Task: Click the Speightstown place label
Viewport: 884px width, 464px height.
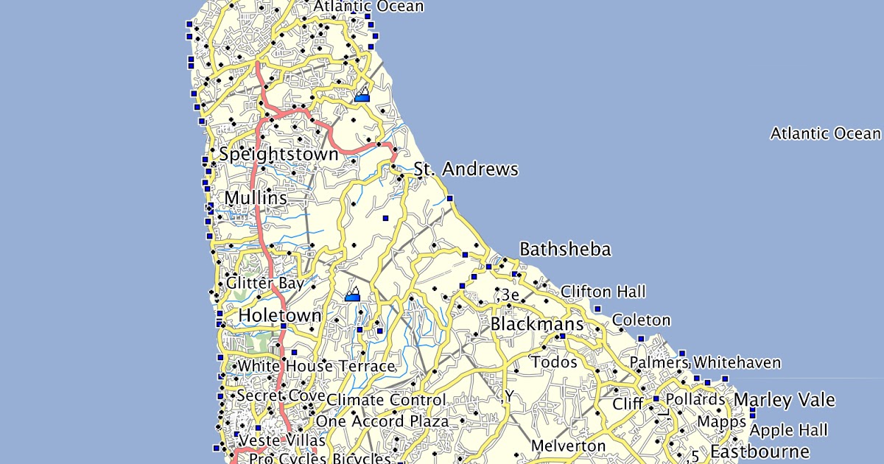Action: pos(278,155)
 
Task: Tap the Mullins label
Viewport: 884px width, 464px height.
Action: pos(256,198)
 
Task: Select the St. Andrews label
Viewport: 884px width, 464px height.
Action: pos(466,169)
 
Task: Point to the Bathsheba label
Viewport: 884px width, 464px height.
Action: pos(565,249)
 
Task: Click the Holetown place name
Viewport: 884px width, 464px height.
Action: pos(280,316)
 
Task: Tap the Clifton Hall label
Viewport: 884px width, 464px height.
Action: pos(603,292)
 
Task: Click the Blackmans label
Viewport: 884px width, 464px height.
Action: pos(536,324)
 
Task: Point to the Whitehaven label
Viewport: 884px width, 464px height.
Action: pos(737,362)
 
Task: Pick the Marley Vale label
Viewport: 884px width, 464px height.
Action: pos(785,400)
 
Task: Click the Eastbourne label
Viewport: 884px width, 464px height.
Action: pos(760,451)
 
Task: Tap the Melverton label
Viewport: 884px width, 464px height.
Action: pos(568,446)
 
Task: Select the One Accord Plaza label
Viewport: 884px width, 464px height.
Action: pos(382,421)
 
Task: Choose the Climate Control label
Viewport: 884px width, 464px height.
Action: pos(386,400)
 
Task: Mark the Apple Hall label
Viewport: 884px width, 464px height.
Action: pos(789,430)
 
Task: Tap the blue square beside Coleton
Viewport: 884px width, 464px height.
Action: pos(597,309)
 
